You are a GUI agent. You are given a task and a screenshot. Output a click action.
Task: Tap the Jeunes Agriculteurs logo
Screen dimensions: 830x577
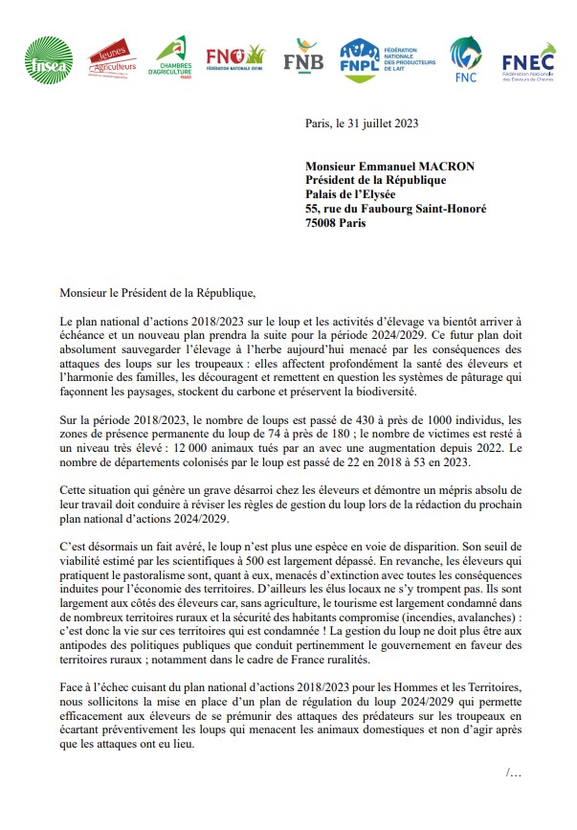click(112, 60)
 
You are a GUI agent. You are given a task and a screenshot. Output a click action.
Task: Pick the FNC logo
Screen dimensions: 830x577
click(466, 59)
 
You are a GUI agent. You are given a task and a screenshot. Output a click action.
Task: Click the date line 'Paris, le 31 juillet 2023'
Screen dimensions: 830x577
click(362, 123)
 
